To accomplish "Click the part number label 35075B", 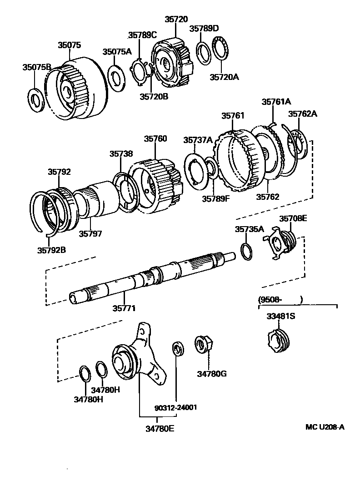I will [x=37, y=67].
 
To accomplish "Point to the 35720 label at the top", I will [x=176, y=20].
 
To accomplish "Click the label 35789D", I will [x=204, y=28].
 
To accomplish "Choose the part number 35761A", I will [x=276, y=102].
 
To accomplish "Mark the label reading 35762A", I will [x=302, y=114].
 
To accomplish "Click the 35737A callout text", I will [x=198, y=140].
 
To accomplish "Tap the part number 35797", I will [x=90, y=233].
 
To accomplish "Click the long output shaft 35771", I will [x=150, y=277].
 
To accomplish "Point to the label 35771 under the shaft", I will [x=124, y=308].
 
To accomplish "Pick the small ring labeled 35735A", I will [x=245, y=251].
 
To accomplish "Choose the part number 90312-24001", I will [x=175, y=407].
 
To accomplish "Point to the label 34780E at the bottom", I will [x=160, y=428].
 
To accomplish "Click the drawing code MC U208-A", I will [x=325, y=427].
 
